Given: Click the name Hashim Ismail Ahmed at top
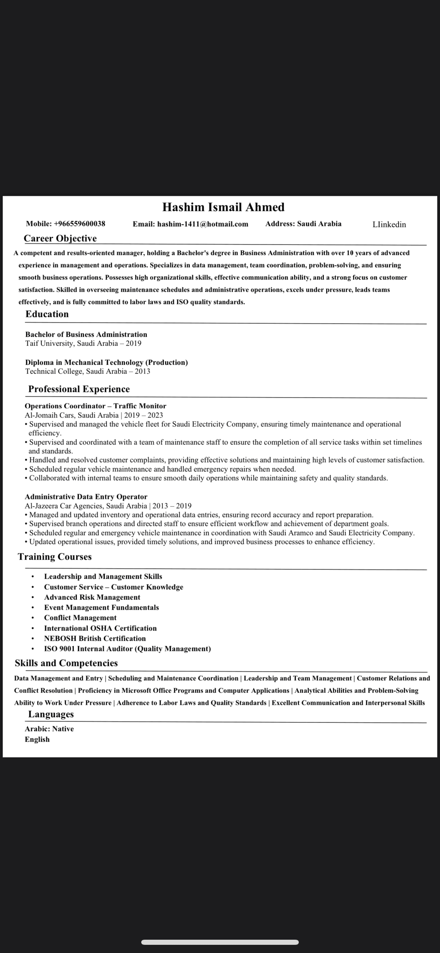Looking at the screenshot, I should [223, 207].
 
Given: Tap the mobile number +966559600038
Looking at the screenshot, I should [79, 224].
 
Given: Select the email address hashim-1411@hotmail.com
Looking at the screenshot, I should [203, 224].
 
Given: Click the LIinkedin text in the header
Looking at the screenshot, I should [389, 225].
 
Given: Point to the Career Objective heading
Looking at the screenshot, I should [60, 239].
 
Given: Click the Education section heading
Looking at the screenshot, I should [47, 314].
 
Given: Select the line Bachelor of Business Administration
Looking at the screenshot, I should [86, 334].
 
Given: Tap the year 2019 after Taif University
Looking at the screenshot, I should [133, 343].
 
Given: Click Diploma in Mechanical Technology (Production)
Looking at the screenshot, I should [106, 363].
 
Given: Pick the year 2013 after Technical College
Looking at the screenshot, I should [143, 372].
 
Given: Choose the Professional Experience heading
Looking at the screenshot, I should [79, 389].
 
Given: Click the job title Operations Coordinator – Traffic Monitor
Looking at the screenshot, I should [96, 406].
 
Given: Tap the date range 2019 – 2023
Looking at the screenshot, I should [144, 415].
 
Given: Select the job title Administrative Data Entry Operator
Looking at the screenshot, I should [86, 497].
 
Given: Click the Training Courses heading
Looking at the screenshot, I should [55, 557].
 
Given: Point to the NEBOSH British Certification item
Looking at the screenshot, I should [95, 638].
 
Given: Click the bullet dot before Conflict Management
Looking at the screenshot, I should [33, 618].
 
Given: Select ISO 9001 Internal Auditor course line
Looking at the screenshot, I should [128, 649].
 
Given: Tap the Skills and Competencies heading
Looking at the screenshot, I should [66, 663].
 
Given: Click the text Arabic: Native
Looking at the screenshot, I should [49, 729].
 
